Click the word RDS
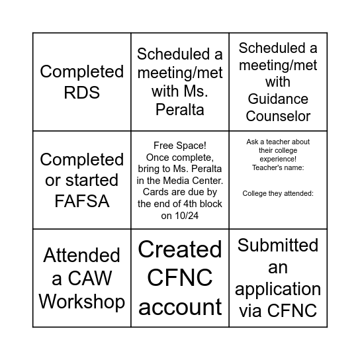click(x=82, y=92)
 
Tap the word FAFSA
click(x=82, y=201)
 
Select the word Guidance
click(x=278, y=99)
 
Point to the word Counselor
click(x=278, y=116)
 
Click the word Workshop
click(x=82, y=301)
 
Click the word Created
click(x=180, y=249)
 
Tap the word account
click(x=180, y=307)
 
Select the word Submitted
click(x=278, y=246)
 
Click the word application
click(x=278, y=289)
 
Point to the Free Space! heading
click(x=180, y=146)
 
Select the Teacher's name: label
click(x=278, y=167)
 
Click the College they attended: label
click(x=278, y=193)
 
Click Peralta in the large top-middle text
click(x=180, y=109)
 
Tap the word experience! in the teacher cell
click(x=278, y=159)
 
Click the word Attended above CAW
click(x=82, y=255)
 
